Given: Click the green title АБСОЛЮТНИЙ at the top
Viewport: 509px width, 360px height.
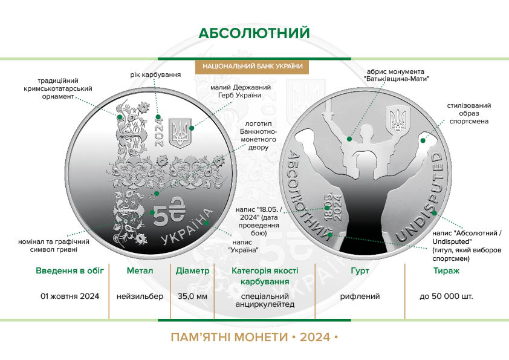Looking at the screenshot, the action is click(x=254, y=33).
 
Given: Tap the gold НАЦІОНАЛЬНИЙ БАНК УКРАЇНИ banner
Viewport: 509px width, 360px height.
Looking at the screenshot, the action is click(x=252, y=67).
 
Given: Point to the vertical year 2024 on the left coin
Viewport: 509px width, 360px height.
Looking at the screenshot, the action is click(x=159, y=133).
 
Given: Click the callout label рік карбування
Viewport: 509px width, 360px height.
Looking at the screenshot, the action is click(x=155, y=75).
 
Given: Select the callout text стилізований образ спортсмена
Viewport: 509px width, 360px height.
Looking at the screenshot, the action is click(x=468, y=113).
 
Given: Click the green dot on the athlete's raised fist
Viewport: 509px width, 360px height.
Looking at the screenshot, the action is click(x=423, y=140).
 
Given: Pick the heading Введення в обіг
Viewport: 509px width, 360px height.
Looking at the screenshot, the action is click(x=70, y=270).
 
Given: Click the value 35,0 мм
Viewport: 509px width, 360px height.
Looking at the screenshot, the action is click(x=192, y=296).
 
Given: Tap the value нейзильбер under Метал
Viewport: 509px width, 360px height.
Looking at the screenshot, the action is click(x=140, y=296).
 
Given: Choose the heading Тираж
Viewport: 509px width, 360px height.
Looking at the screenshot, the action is click(x=446, y=270).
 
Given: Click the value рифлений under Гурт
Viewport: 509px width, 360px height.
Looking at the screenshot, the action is click(x=360, y=296).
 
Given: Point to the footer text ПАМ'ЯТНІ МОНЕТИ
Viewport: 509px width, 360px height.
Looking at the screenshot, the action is click(x=230, y=337).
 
